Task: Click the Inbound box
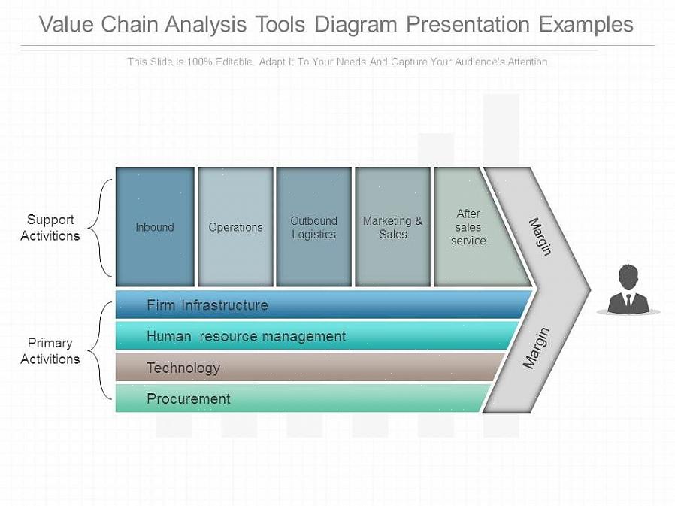pos(155,227)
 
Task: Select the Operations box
pos(235,227)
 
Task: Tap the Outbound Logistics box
pos(313,227)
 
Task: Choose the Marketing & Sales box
pos(392,227)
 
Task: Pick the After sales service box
pos(469,227)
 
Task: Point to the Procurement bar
pos(301,398)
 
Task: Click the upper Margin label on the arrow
pos(540,236)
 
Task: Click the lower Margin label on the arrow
pos(537,347)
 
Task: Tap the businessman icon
pos(628,290)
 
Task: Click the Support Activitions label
pos(50,227)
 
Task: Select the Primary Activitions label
pos(50,351)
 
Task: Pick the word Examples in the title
pos(586,24)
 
